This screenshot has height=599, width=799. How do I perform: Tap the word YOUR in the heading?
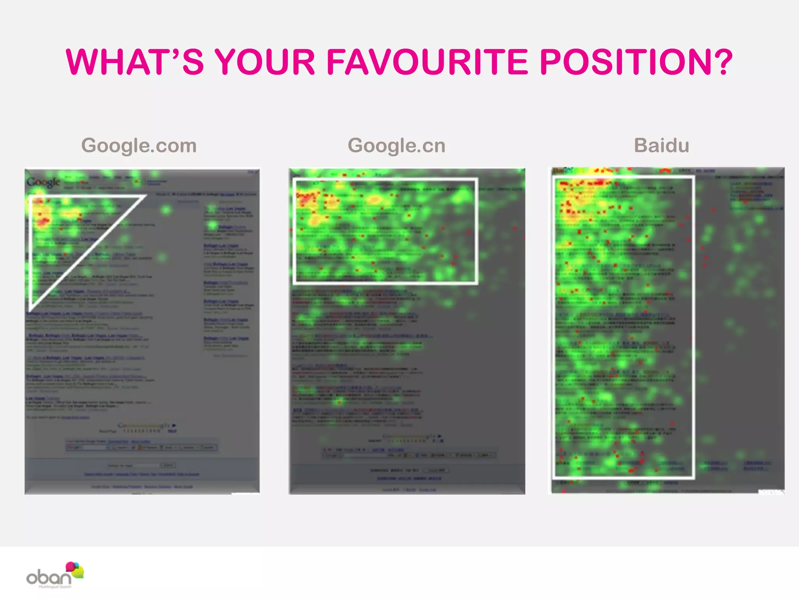pos(265,62)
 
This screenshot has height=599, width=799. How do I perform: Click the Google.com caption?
pos(139,145)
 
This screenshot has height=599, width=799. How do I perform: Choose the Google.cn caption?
pos(396,145)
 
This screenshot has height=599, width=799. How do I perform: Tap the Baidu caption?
pos(662,145)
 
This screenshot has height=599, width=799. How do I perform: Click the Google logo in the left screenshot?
pos(44,182)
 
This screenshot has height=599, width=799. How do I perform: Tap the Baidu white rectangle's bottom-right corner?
pos(693,477)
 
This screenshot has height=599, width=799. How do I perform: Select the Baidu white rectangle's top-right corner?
pos(693,177)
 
